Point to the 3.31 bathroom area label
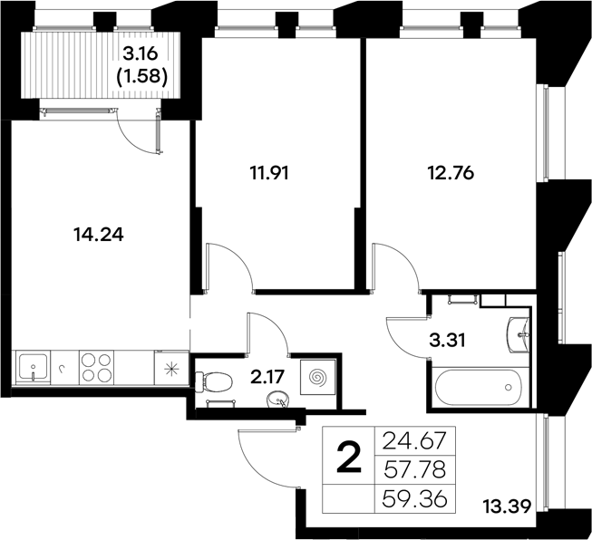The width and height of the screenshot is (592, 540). (445, 342)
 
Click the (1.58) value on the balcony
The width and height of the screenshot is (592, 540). (141, 78)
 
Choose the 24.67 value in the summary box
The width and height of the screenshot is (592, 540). (421, 443)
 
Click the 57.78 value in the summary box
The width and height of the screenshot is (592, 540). (421, 470)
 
